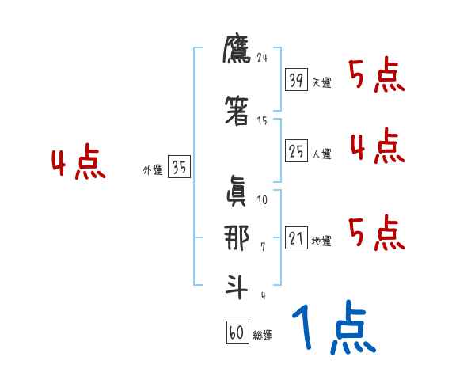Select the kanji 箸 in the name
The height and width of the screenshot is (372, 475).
click(x=237, y=112)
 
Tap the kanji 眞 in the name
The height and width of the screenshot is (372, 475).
click(x=236, y=191)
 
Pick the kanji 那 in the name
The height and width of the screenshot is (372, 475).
click(x=236, y=238)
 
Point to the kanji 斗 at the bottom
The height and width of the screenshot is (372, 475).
click(x=236, y=285)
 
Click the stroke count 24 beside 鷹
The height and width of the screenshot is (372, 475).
click(x=263, y=58)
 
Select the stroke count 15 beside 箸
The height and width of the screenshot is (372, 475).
click(x=262, y=120)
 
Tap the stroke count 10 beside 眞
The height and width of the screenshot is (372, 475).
click(x=263, y=200)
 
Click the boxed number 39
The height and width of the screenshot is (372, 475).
click(x=296, y=80)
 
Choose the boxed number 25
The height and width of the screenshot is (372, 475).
click(x=296, y=151)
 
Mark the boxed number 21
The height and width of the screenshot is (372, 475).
click(x=296, y=238)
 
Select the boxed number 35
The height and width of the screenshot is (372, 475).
click(x=179, y=167)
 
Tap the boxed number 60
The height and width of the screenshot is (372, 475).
click(x=237, y=332)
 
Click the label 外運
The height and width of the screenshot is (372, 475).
click(x=153, y=169)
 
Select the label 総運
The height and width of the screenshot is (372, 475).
click(x=262, y=336)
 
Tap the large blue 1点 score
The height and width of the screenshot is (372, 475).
click(x=333, y=328)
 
